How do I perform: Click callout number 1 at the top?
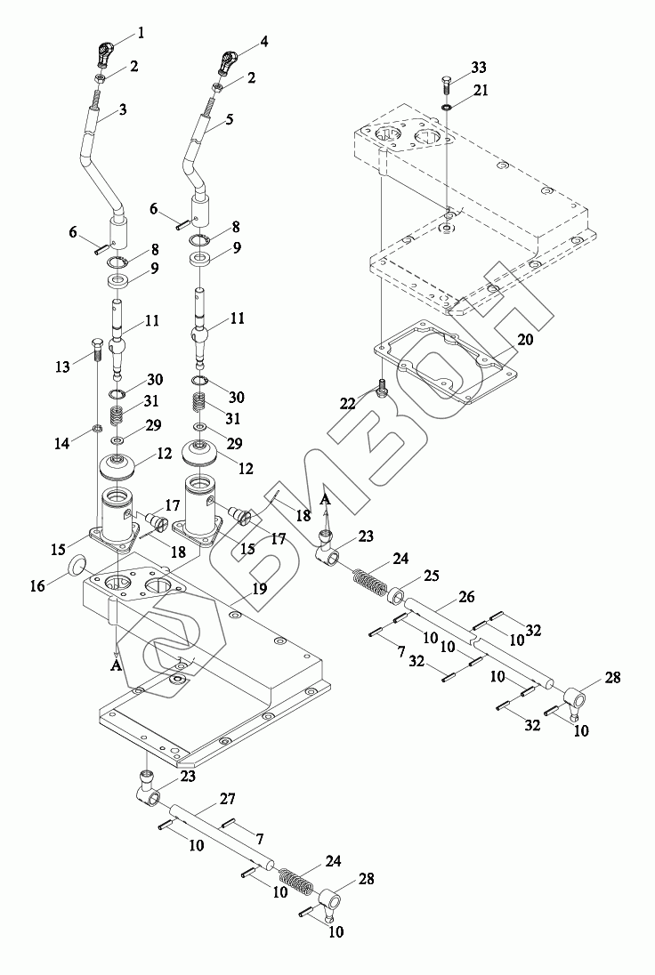pos(140,35)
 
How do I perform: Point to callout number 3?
pos(122,110)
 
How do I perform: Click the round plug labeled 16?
pos(78,565)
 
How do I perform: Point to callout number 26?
pos(466,598)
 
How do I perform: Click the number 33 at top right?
pos(478,68)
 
